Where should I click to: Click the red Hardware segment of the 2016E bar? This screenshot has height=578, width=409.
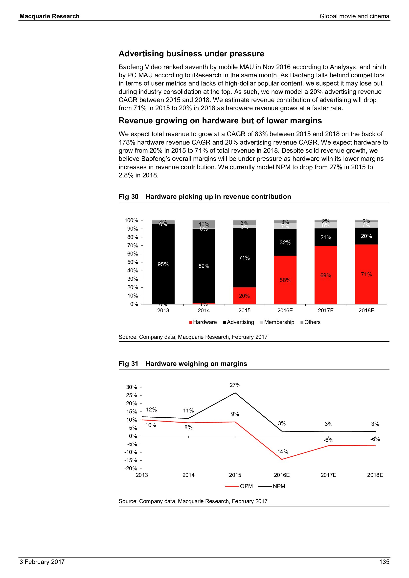(x=285, y=280)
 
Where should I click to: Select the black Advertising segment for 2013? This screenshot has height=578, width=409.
(x=163, y=264)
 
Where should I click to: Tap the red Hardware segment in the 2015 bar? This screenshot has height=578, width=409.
(x=244, y=296)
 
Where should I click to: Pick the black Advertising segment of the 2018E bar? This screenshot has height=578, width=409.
(x=366, y=236)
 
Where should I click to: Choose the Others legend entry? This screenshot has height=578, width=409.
(x=311, y=322)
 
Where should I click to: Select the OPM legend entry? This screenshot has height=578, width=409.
(x=239, y=486)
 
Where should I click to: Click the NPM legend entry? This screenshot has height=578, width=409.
(x=272, y=486)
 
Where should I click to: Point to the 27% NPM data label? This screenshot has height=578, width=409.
(x=235, y=385)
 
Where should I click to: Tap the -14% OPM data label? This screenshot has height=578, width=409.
(x=282, y=452)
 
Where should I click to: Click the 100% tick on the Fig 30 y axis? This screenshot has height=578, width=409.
(x=131, y=220)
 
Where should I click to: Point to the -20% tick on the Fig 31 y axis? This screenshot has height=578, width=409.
(x=131, y=468)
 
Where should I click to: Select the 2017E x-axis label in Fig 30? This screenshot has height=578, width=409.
(x=326, y=310)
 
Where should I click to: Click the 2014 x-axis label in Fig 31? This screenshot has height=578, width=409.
(x=188, y=475)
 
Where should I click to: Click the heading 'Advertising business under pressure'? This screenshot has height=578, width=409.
(x=191, y=54)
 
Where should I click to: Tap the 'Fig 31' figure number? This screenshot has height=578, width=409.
(x=128, y=364)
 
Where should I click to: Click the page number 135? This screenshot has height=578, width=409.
(x=384, y=562)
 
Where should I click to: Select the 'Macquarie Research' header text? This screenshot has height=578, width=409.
(x=50, y=16)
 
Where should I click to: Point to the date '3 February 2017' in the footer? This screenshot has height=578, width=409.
(x=42, y=562)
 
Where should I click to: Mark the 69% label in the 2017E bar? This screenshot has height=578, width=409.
(x=326, y=275)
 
